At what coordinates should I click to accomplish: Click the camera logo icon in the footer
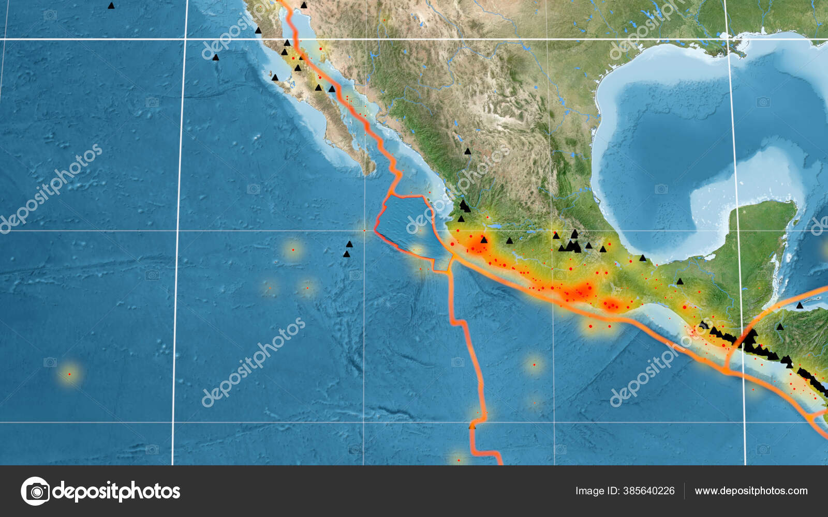35,491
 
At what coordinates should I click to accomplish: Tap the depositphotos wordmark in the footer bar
116,491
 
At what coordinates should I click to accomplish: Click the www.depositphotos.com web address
751,491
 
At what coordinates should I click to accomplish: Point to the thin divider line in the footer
684,491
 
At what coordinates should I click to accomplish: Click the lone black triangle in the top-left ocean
111,6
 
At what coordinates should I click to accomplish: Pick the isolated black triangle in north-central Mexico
468,151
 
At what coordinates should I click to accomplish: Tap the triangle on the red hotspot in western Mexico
484,240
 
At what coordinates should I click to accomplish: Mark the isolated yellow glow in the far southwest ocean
69,373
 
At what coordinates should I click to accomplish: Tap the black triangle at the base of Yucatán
679,282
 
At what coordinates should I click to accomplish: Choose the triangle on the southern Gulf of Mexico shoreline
642,257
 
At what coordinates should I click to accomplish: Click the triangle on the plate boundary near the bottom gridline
472,427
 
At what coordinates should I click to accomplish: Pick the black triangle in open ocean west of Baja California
216,57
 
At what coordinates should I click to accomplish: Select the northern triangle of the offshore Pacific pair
349,244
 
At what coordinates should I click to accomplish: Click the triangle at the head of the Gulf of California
304,5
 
